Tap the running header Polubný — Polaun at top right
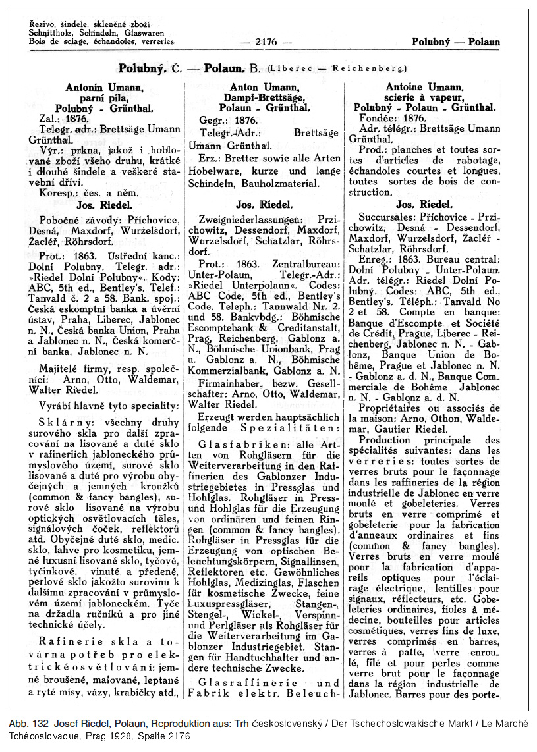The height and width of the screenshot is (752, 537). (456, 41)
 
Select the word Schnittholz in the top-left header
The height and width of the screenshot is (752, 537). (52, 32)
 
